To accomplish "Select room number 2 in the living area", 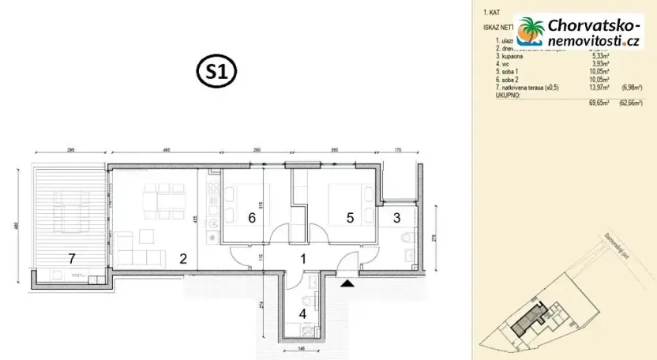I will coord(182,257).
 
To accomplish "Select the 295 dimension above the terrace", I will coord(69,148).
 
